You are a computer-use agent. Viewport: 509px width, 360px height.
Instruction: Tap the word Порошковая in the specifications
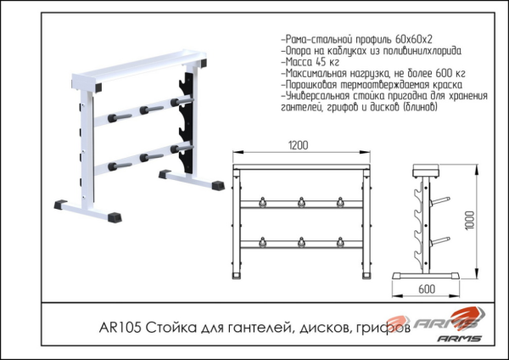pos(312,86)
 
